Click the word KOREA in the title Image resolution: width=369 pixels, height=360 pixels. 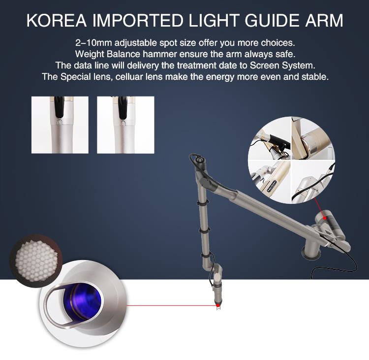(57, 21)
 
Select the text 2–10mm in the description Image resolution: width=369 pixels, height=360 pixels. (93, 43)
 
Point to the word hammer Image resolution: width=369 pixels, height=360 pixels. (160, 54)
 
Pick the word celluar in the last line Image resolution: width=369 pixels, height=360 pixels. (129, 77)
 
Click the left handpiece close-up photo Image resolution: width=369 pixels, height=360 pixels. (60, 125)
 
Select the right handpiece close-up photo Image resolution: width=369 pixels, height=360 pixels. (125, 125)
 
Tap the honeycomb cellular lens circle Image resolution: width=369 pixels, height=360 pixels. (36, 261)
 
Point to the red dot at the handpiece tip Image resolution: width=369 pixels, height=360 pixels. (218, 305)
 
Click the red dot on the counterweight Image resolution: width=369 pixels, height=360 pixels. (325, 218)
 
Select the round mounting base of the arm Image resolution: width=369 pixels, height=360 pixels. (311, 254)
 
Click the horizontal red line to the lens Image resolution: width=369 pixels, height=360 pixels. (171, 305)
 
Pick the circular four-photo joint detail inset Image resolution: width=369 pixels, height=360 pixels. (291, 160)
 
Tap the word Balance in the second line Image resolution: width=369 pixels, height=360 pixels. (123, 54)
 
